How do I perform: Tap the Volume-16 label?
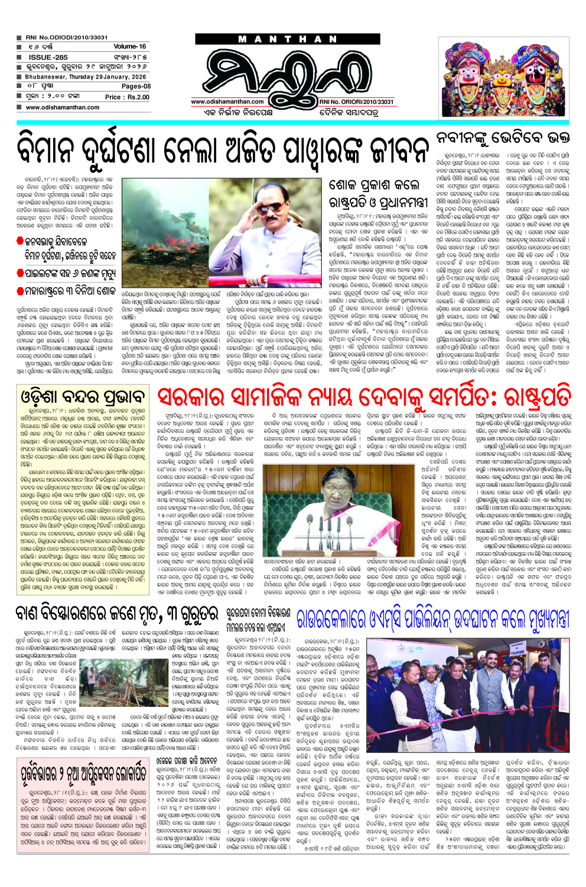tap(129, 46)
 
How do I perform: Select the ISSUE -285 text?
tap(48, 57)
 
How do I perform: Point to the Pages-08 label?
tap(136, 86)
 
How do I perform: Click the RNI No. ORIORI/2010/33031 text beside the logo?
tap(356, 102)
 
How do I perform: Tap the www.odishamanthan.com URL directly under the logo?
tap(227, 102)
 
